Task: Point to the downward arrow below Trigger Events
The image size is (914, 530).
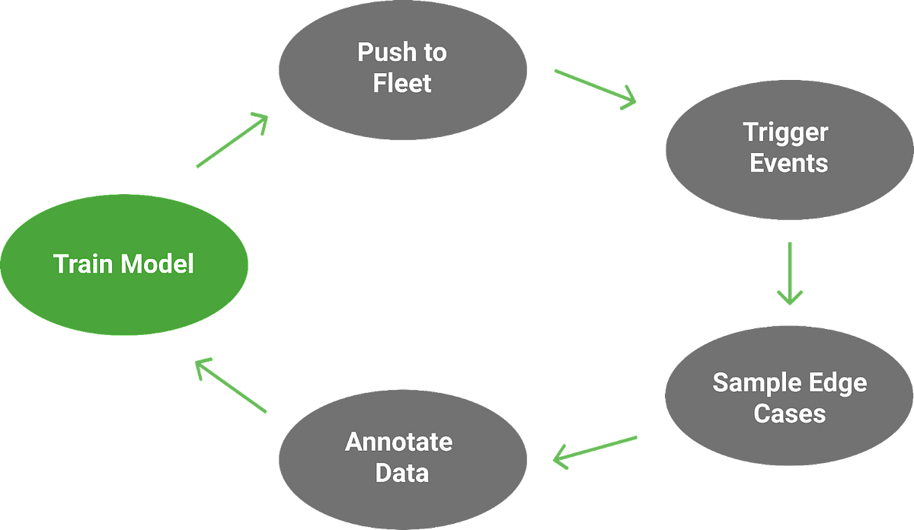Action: (790, 274)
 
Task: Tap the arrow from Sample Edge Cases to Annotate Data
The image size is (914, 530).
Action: (595, 450)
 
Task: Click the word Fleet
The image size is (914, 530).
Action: (402, 82)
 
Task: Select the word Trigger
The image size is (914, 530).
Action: (785, 133)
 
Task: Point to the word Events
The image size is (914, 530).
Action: (788, 163)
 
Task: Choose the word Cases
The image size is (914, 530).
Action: (790, 413)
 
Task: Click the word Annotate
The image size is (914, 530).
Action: (398, 442)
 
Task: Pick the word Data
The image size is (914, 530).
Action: (402, 472)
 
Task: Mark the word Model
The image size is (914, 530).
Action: (158, 264)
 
